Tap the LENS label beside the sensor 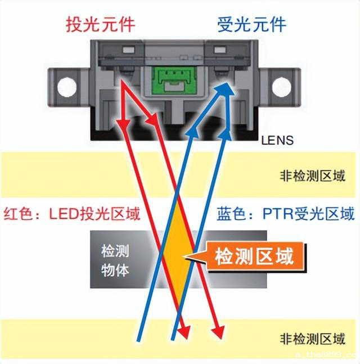[x=277, y=140]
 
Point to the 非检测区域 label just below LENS [x=312, y=176]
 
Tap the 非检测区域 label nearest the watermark [x=312, y=339]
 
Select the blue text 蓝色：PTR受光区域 [x=286, y=214]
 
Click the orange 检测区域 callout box [x=254, y=257]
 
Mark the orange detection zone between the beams [x=177, y=253]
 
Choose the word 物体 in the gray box [x=115, y=269]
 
